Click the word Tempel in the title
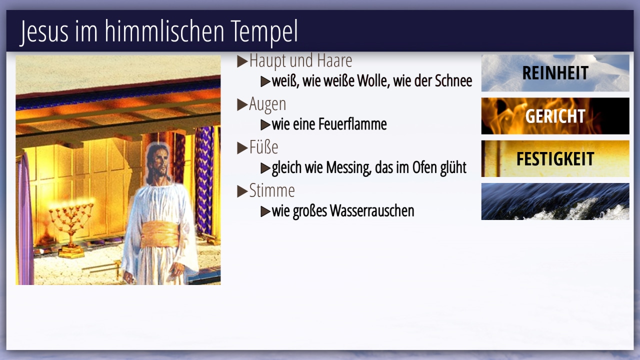click(264, 32)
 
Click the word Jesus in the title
click(44, 31)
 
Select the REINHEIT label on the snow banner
click(555, 73)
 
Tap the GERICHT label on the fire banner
click(555, 116)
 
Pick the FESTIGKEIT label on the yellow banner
click(555, 159)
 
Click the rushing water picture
click(555, 201)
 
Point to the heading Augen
click(267, 104)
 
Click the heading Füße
click(263, 147)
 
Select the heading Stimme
click(272, 190)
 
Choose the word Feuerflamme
click(352, 124)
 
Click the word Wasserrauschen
click(372, 211)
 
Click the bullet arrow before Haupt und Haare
click(242, 61)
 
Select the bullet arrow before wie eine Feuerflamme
click(265, 124)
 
